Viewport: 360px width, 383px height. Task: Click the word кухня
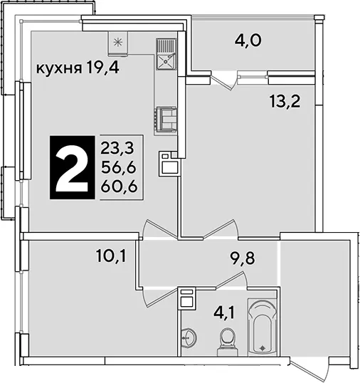coord(59,68)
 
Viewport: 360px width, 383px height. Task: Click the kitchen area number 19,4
coord(102,68)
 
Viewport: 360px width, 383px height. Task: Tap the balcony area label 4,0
coord(248,40)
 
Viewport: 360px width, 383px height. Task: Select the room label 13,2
coord(285,101)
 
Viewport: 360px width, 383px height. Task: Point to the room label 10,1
coord(111,256)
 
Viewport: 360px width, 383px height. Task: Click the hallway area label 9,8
coord(243,258)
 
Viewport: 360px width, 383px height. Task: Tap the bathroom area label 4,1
coord(224,313)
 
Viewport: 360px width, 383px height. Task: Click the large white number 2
coord(73,168)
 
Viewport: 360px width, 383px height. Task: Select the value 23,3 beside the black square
coord(117,148)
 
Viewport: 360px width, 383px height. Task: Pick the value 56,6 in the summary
coord(118,167)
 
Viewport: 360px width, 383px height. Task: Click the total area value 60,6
coord(119,187)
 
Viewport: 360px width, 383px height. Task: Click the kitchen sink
coord(166,54)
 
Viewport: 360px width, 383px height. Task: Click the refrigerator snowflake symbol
coord(118,43)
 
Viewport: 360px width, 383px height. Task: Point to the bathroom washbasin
coord(188,338)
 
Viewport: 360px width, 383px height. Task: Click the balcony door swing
coord(224,80)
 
